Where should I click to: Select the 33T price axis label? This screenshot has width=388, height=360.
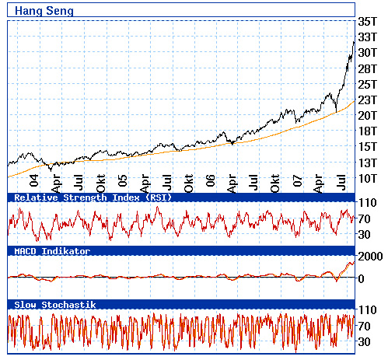tap(367, 36)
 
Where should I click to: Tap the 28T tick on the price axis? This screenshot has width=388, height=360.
tap(367, 68)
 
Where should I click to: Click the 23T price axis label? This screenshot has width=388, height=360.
tap(367, 100)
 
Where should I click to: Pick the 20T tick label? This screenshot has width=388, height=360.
tap(367, 116)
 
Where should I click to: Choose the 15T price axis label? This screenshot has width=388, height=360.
tap(367, 147)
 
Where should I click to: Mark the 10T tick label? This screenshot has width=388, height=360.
tap(367, 179)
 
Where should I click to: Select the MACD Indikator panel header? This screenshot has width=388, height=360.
tap(52, 252)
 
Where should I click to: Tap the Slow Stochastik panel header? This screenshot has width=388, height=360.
tap(55, 306)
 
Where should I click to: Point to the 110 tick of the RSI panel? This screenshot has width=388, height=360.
tap(368, 201)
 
